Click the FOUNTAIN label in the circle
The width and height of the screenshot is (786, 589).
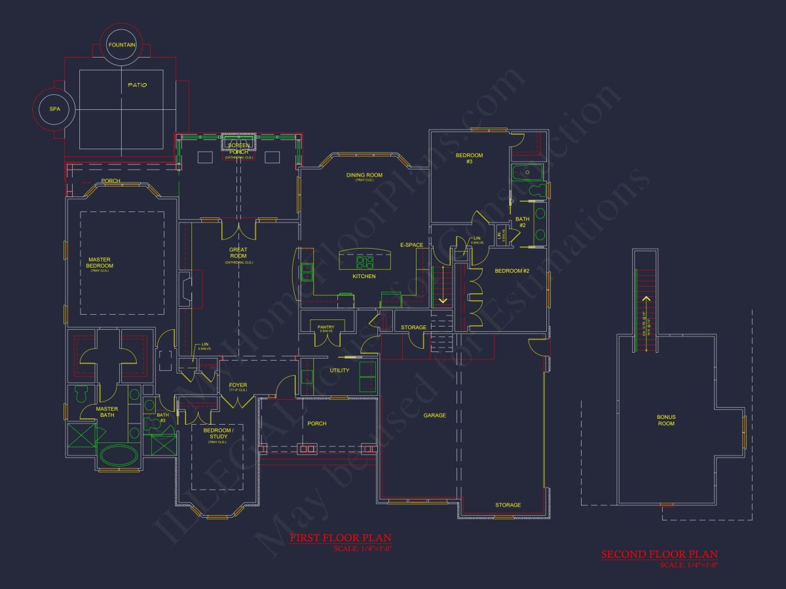coord(122,45)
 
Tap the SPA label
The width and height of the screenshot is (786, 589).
coord(54,109)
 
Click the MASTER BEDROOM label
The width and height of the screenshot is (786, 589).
coord(100,262)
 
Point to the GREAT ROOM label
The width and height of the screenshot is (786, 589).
coord(238,253)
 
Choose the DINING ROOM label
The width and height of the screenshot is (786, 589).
coord(364,175)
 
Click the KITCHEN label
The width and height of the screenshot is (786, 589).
coord(364,277)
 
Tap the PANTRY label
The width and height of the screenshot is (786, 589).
coord(326,327)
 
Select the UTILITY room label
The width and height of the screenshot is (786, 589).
coord(339,370)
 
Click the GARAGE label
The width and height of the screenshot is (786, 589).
coord(434,416)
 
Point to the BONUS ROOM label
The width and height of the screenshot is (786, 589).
coord(666,420)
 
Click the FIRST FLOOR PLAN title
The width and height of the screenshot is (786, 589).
coord(341,538)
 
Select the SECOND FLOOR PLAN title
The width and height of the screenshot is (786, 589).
coord(660,554)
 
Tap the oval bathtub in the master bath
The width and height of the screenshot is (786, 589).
coord(119,455)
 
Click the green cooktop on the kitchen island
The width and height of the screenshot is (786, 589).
coord(364,262)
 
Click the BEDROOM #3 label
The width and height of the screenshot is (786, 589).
coord(469,158)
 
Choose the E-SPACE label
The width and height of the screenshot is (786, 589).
coord(411,245)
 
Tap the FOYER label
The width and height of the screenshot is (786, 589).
coord(237,385)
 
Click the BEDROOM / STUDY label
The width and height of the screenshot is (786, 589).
coord(217,433)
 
